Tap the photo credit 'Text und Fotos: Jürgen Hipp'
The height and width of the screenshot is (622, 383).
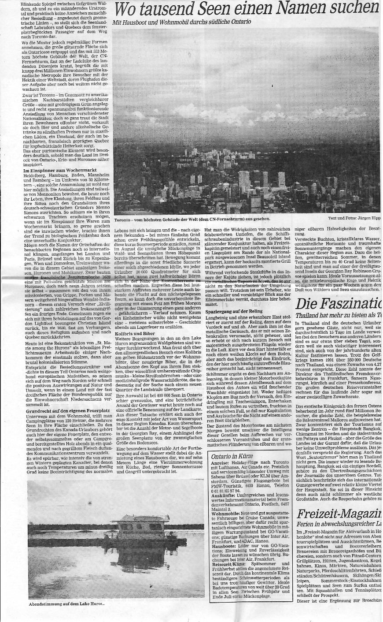[x=354, y=218]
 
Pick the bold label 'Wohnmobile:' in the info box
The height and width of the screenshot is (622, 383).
[x=226, y=514]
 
